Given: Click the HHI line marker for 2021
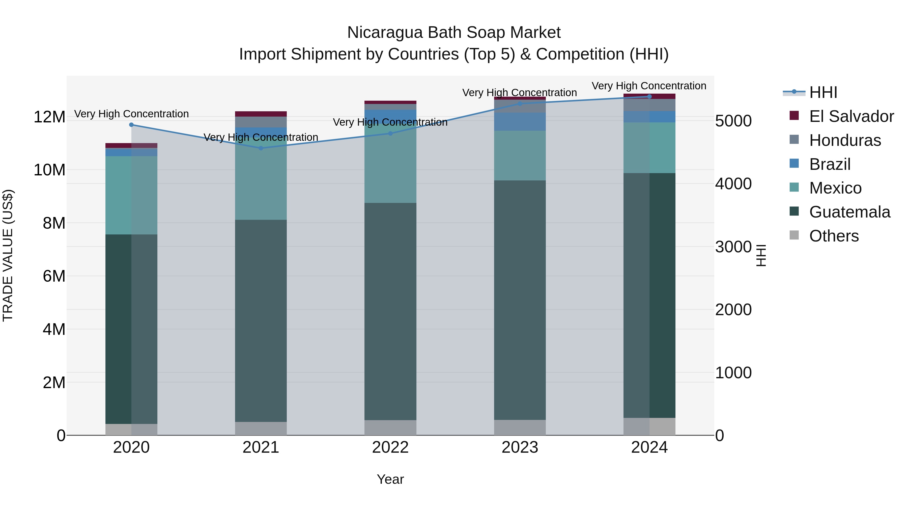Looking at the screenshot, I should pyautogui.click(x=261, y=148).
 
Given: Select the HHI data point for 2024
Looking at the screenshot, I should pyautogui.click(x=649, y=96).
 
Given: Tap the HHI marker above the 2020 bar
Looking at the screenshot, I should pyautogui.click(x=131, y=124).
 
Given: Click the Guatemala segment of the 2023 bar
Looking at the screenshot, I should pyautogui.click(x=520, y=300).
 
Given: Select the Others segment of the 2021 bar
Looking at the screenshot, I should pyautogui.click(x=261, y=428).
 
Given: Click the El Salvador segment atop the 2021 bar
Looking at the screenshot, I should pyautogui.click(x=261, y=114).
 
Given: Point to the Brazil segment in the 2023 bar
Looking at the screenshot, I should pyautogui.click(x=520, y=122).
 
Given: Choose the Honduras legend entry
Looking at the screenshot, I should pyautogui.click(x=845, y=140).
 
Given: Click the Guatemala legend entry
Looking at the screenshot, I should pyautogui.click(x=849, y=212).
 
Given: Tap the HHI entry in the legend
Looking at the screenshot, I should pyautogui.click(x=823, y=92).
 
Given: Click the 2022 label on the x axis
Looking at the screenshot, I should pyautogui.click(x=390, y=447).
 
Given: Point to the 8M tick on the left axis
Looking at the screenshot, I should pyautogui.click(x=53, y=223).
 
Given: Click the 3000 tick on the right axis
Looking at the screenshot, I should pyautogui.click(x=733, y=247).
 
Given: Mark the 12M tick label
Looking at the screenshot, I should pyautogui.click(x=49, y=117).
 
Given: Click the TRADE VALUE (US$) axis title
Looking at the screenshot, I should pyautogui.click(x=8, y=255).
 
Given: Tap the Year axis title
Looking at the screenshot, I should pyautogui.click(x=390, y=479).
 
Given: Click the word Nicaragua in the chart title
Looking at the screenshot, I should pyautogui.click(x=385, y=33).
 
